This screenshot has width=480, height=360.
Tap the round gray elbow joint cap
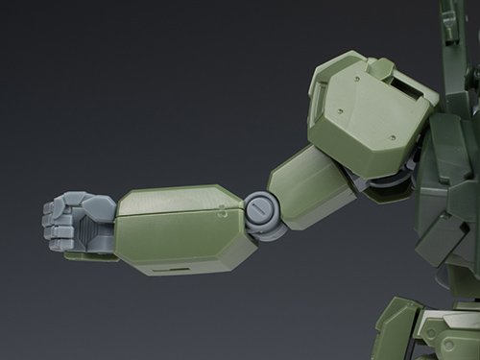click(258, 208)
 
